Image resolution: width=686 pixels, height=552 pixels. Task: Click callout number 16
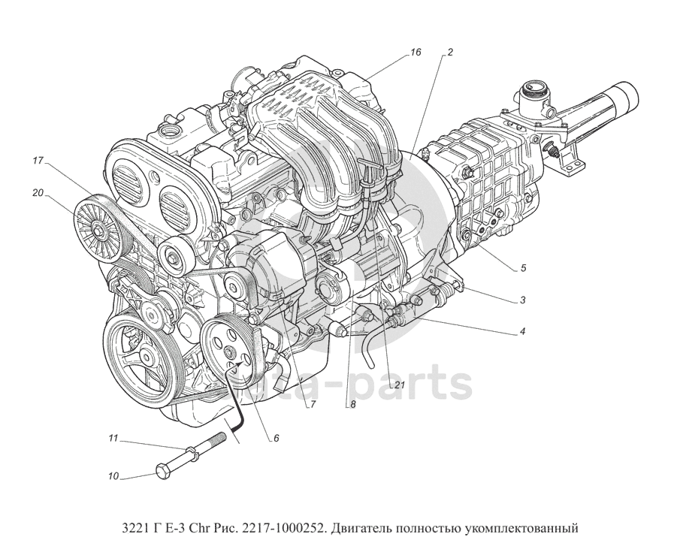(416, 53)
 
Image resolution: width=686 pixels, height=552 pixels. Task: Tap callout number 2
(450, 53)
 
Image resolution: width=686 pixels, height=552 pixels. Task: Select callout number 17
(38, 161)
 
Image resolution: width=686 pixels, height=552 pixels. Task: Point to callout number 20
(38, 193)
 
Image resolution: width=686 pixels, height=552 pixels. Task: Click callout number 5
(523, 268)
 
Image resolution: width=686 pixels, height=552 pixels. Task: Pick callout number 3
(522, 300)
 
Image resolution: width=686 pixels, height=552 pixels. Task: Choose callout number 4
(522, 331)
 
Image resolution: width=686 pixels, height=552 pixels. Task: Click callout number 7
(313, 405)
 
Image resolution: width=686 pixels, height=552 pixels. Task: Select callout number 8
(352, 405)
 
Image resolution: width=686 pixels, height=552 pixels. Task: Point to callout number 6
(276, 438)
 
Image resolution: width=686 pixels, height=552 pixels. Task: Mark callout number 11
(113, 438)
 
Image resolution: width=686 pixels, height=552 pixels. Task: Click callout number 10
(113, 476)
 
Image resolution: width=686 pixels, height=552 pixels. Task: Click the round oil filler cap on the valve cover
(170, 131)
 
